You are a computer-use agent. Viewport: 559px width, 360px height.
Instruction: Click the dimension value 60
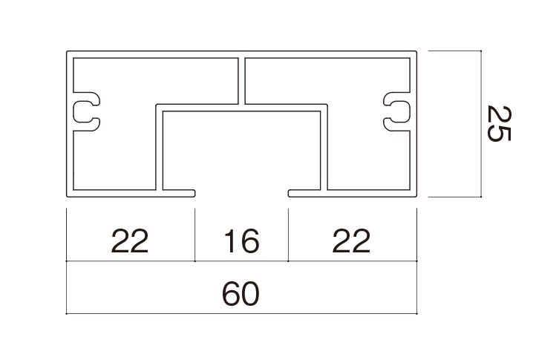(241, 294)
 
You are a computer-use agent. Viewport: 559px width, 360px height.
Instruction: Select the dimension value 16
(241, 242)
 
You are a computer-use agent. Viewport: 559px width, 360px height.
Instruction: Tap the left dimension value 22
(130, 242)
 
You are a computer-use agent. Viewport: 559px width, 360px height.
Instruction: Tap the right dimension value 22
(352, 242)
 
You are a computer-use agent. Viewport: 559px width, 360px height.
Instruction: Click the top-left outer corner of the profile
(68, 53)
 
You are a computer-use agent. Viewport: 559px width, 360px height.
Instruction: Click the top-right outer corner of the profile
(416, 53)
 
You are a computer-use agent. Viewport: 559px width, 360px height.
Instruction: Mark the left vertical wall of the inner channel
(159, 148)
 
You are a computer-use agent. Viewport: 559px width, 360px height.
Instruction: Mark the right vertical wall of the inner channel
(324, 148)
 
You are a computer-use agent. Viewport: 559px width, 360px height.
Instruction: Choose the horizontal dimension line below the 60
(241, 313)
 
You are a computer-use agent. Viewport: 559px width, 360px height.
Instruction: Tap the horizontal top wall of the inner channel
(241, 108)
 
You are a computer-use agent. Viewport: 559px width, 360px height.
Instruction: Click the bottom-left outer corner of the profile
(68, 197)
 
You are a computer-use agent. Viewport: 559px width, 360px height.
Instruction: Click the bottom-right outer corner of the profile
(416, 197)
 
